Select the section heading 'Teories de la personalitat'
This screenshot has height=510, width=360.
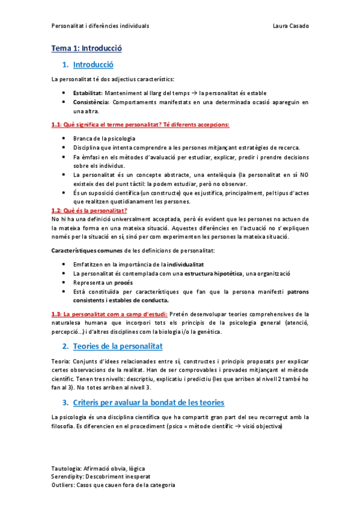[117, 346]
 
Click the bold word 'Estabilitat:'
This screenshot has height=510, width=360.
[87, 93]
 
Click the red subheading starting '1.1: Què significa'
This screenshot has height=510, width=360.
[141, 124]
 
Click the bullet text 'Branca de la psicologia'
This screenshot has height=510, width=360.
[100, 139]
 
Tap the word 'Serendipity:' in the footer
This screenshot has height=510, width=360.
[70, 476]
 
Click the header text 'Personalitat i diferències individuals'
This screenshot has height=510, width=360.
[100, 26]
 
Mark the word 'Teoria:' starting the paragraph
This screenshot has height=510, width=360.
[62, 361]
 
